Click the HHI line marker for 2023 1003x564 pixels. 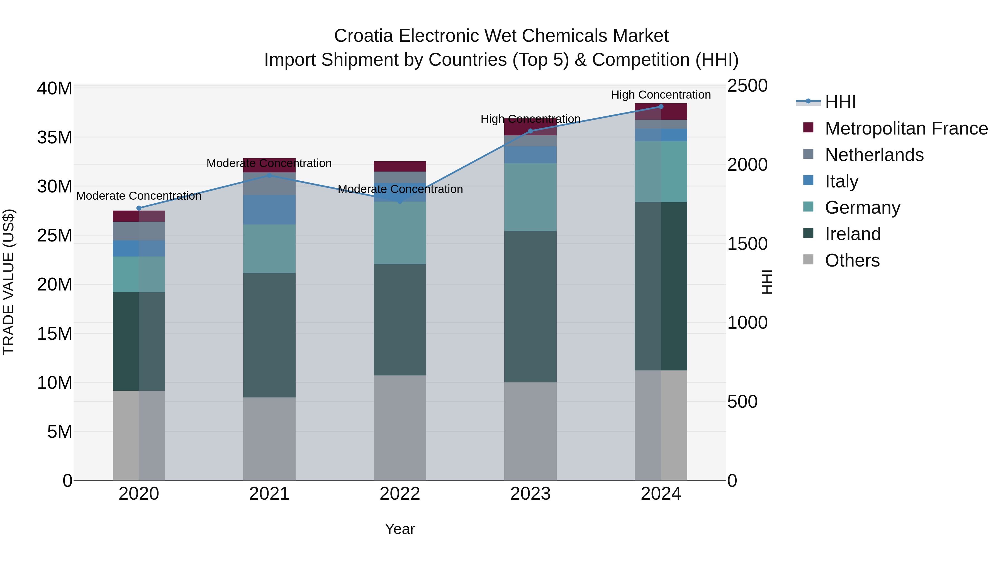click(530, 131)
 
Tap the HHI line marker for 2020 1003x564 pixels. click(139, 208)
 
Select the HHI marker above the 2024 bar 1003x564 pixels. click(661, 107)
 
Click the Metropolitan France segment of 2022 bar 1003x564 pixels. click(400, 166)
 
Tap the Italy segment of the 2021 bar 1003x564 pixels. click(269, 209)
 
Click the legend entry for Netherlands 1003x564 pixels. click(874, 155)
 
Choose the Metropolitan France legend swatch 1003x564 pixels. click(808, 128)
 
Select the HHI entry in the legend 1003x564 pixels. click(840, 102)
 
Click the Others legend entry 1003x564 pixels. click(852, 260)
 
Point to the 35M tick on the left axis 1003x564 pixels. click(55, 137)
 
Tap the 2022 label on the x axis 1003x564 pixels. click(400, 494)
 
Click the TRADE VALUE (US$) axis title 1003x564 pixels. click(9, 282)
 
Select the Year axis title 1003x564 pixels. click(400, 529)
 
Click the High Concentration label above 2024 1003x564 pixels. click(661, 95)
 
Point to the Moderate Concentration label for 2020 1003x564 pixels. click(139, 196)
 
